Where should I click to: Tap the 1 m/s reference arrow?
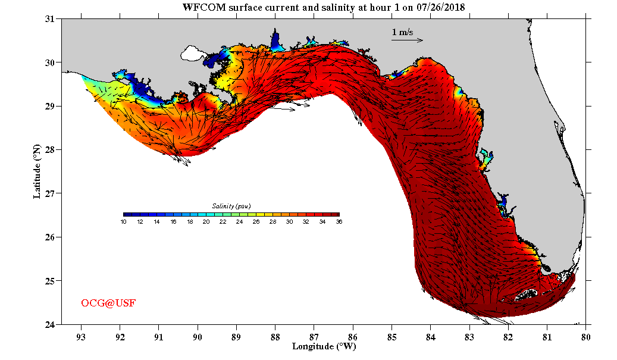[407, 40]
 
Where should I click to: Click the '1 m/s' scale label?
[402, 32]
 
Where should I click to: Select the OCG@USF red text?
[108, 303]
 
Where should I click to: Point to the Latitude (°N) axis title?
[37, 171]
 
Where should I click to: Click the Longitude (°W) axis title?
[324, 346]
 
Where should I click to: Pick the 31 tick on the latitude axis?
[50, 19]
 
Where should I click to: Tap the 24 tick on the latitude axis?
[50, 324]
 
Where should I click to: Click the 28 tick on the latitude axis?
[50, 150]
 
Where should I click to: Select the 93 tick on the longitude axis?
[81, 336]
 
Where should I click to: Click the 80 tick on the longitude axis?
[586, 336]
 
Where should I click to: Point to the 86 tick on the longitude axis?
[353, 336]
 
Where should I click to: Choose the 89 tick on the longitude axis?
[236, 336]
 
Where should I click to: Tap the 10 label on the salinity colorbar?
[124, 222]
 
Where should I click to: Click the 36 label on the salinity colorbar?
[339, 222]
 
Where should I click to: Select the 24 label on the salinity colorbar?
[239, 222]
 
